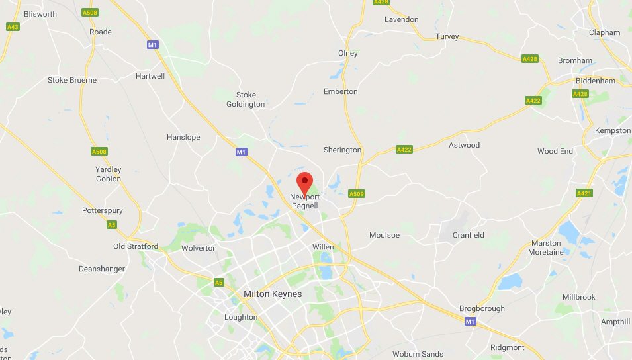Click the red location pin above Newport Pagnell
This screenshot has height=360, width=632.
(304, 181)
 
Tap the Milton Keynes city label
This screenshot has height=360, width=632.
(273, 294)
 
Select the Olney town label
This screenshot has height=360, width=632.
(347, 53)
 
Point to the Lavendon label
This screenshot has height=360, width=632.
(402, 19)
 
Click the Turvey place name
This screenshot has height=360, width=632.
(447, 36)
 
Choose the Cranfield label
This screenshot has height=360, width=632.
(469, 235)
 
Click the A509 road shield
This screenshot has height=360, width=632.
(357, 194)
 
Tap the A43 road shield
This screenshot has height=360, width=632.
(13, 27)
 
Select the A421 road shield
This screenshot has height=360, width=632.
(583, 193)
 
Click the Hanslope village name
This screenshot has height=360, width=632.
(183, 137)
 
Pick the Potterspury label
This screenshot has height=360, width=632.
(103, 210)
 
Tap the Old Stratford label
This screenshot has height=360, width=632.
(136, 246)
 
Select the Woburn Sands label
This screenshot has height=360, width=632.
(418, 354)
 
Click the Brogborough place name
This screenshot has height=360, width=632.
(482, 308)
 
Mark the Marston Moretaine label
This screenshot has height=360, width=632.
(546, 247)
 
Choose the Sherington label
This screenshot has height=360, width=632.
(342, 150)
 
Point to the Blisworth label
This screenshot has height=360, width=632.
(40, 13)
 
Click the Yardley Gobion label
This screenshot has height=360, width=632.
(108, 174)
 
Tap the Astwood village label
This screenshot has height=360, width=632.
(464, 145)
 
